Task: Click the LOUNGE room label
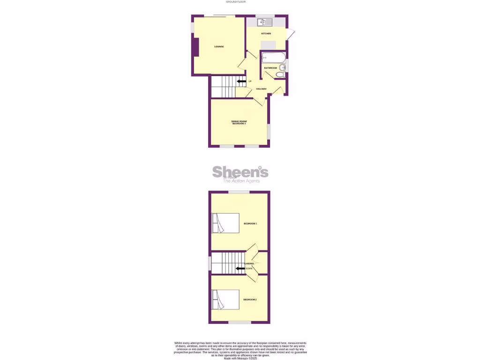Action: (x=219, y=46)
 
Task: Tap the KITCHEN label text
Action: (x=266, y=34)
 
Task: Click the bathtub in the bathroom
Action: (x=271, y=58)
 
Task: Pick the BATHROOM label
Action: (x=270, y=68)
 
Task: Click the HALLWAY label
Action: (x=261, y=89)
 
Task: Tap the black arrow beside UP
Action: (x=242, y=82)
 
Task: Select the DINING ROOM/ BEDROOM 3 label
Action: (x=239, y=123)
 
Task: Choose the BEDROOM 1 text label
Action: (x=250, y=224)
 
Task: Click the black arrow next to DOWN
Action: (x=240, y=269)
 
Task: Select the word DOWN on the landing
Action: (x=248, y=269)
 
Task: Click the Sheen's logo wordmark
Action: (x=240, y=172)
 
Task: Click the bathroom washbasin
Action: (x=284, y=67)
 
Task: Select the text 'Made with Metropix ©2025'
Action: (x=240, y=358)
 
